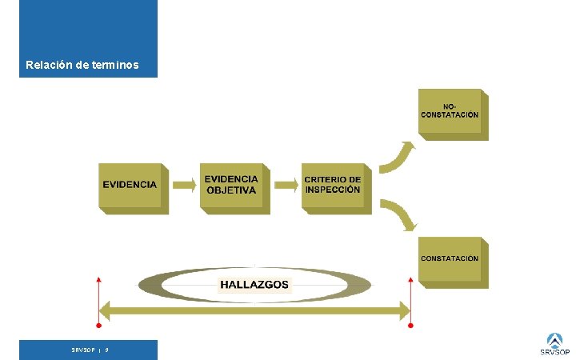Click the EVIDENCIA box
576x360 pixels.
click(132, 187)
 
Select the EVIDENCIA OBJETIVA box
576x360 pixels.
click(233, 187)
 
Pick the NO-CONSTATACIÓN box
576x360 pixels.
click(451, 114)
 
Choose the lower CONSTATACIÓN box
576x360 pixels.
click(451, 261)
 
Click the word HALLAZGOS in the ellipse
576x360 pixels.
click(254, 285)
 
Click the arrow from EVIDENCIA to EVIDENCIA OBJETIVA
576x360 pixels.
click(184, 185)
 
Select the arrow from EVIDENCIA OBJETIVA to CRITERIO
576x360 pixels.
click(286, 185)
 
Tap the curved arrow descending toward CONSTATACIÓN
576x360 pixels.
click(397, 214)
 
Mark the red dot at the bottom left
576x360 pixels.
click(98, 326)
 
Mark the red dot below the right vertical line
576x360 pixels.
click(410, 326)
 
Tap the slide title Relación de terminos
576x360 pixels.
click(82, 65)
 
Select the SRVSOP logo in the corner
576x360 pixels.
click(554, 345)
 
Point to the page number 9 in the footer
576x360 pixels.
click(107, 350)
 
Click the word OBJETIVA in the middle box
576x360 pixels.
click(231, 191)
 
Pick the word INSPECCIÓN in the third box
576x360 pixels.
click(333, 190)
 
